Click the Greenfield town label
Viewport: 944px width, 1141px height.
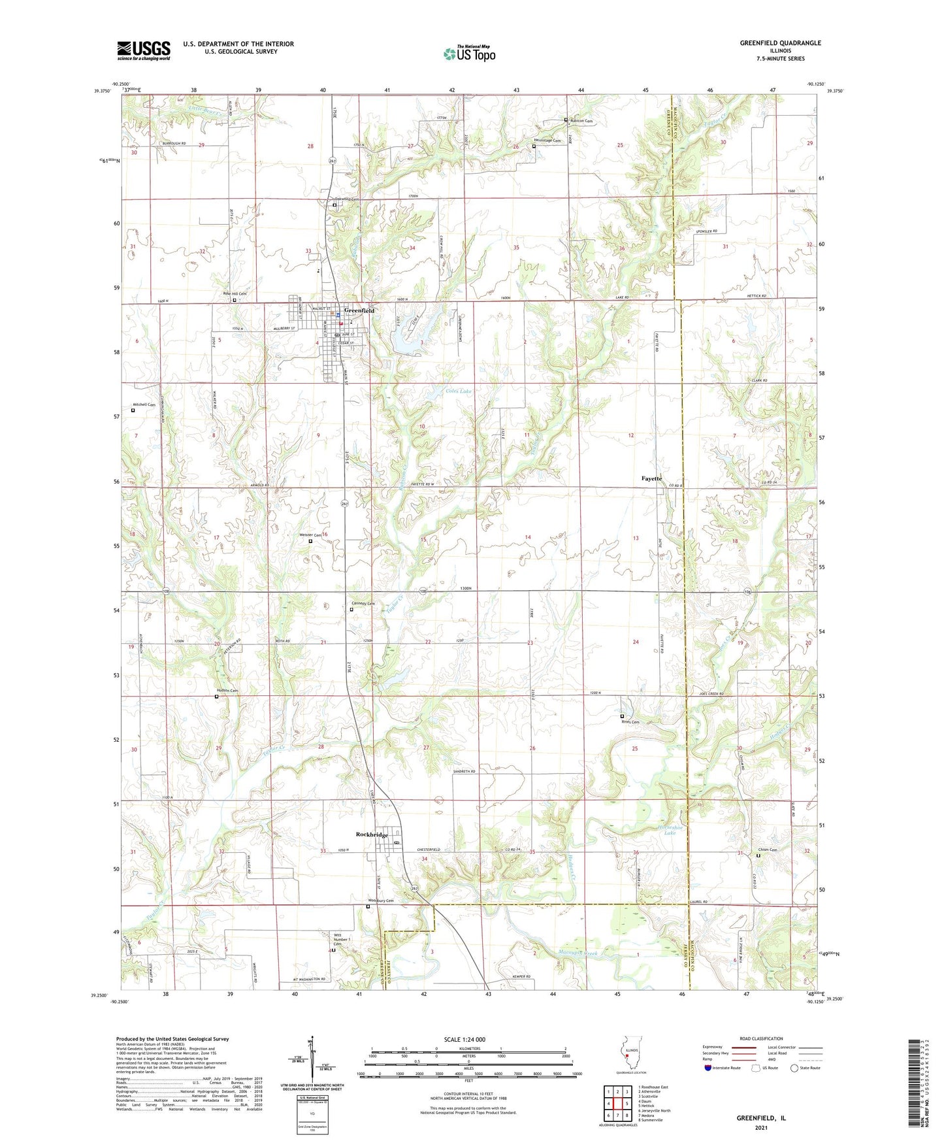[359, 310]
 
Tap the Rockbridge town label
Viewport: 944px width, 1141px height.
[372, 835]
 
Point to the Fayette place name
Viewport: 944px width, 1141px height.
[651, 478]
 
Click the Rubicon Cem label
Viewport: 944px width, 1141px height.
[581, 121]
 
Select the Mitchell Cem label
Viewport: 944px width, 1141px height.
[144, 405]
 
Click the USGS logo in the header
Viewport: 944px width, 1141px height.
[144, 50]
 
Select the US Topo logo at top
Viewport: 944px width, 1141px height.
[469, 54]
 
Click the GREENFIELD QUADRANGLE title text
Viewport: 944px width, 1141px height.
[780, 43]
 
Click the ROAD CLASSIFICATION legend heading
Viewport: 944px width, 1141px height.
[760, 1038]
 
